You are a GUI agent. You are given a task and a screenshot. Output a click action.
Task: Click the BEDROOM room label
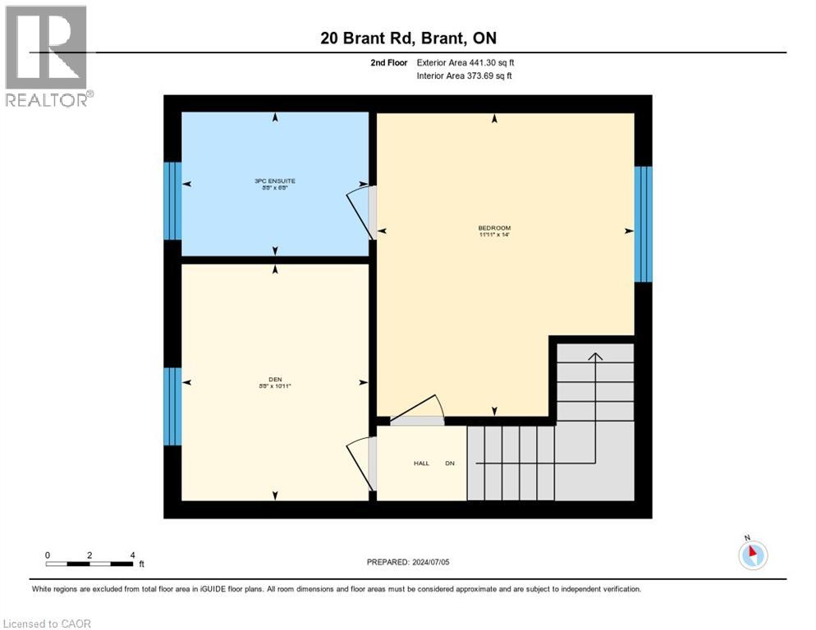[494, 228]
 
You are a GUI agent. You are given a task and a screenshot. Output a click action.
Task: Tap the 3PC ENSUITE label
[274, 180]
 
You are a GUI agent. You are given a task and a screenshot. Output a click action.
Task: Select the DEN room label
[274, 379]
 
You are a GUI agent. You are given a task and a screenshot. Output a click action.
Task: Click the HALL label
[421, 463]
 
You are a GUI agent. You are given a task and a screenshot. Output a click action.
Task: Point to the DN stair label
[450, 463]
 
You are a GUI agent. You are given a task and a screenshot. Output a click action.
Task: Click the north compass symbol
[752, 554]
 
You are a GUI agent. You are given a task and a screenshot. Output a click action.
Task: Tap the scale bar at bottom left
[89, 562]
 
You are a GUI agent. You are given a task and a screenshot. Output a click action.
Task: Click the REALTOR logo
[48, 56]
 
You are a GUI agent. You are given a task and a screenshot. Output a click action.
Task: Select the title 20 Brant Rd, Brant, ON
[408, 38]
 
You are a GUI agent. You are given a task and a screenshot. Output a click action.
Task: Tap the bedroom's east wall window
[643, 224]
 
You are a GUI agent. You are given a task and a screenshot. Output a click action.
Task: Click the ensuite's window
[172, 201]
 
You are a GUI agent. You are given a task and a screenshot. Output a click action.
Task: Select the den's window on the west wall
[172, 406]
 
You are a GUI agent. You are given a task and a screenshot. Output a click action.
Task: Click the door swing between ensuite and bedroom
[360, 209]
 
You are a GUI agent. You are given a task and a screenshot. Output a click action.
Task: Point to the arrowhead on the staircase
[595, 356]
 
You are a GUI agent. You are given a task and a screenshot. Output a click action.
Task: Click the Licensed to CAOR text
[48, 623]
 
